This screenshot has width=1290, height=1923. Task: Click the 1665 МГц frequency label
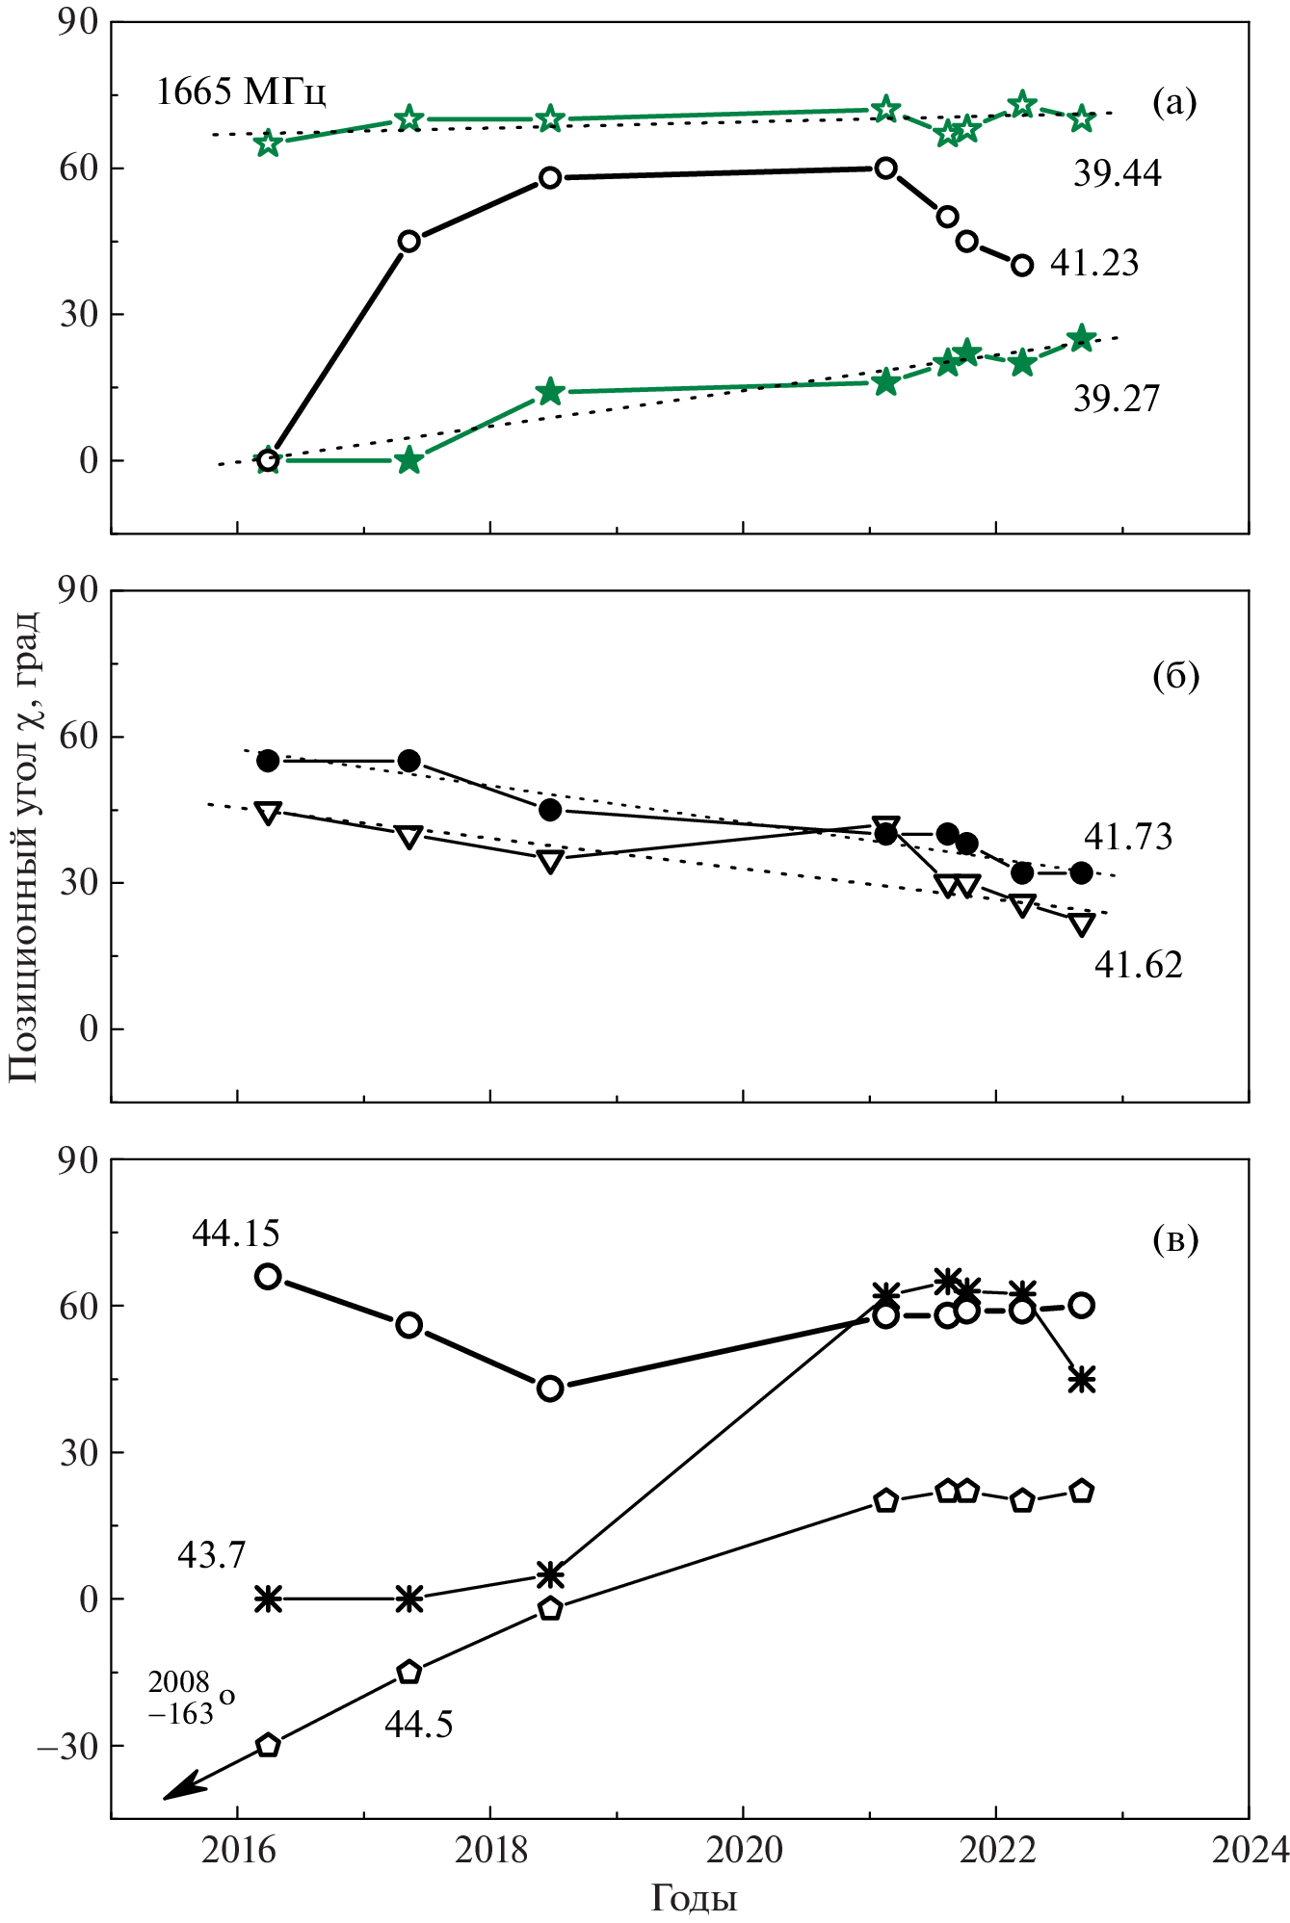coord(241,92)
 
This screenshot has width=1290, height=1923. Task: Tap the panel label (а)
coord(1174,101)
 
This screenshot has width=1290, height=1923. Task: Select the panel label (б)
coord(1175,676)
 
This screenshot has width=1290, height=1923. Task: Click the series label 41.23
coord(1093,263)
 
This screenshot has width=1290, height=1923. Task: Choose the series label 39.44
coord(1117,173)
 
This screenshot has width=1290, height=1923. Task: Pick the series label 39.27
coord(1117,399)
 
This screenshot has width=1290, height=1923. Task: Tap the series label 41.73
coord(1128,837)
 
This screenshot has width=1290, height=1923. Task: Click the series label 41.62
coord(1138,964)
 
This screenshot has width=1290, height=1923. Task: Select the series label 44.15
coord(235,1233)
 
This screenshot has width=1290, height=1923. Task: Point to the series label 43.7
coord(211,1554)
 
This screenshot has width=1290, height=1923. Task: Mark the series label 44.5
coord(418,1724)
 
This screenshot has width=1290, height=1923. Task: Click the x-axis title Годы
coord(694,1897)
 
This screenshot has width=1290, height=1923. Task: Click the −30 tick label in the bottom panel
coord(67,1746)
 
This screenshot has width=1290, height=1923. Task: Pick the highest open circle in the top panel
coord(885,168)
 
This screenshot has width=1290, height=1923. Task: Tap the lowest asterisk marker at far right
coord(1081,1380)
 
